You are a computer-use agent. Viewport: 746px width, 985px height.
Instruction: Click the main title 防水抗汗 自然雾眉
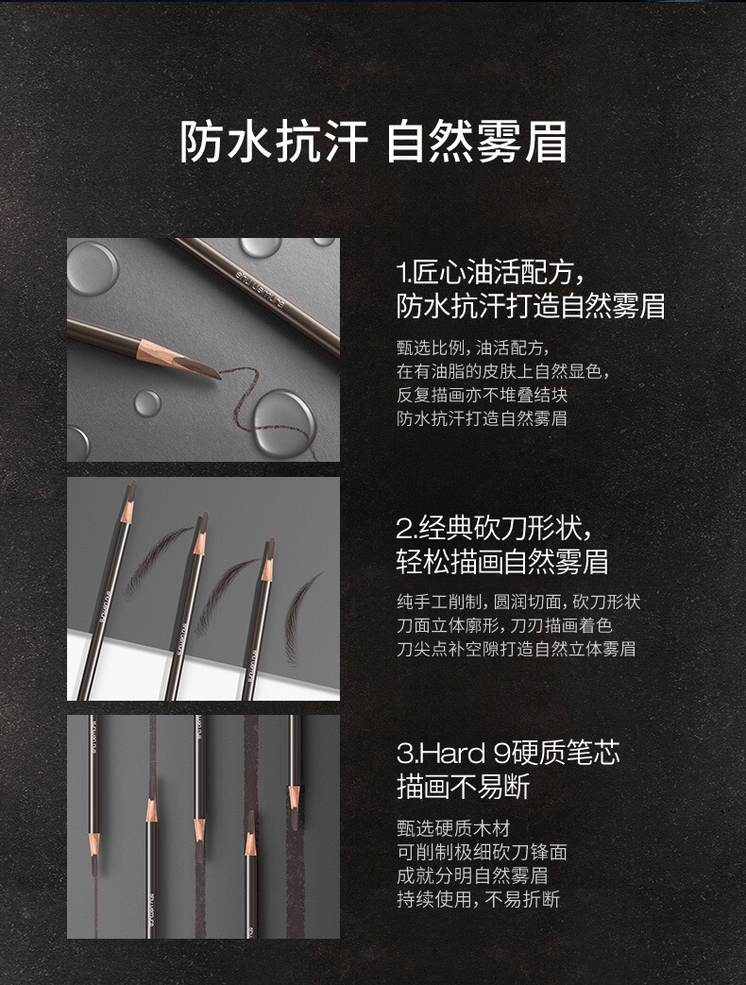coord(373,142)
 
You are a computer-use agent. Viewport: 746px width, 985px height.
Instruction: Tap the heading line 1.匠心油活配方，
coord(492,273)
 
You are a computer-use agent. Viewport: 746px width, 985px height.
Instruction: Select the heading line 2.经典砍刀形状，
coord(494,528)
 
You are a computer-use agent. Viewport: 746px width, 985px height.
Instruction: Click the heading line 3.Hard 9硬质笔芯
coord(508,753)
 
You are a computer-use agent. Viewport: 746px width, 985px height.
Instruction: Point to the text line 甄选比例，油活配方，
coord(473,348)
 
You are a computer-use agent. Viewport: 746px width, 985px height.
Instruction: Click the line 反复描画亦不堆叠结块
coord(482,395)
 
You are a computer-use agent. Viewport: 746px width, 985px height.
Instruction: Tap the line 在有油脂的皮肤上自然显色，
coord(503,371)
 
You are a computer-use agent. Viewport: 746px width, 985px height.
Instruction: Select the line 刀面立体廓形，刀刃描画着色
coord(504,625)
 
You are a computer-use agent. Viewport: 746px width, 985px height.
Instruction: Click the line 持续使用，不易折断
coord(478,900)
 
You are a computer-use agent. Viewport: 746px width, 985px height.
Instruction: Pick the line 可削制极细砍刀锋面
coord(482,853)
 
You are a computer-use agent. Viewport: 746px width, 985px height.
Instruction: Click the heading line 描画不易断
coord(464,787)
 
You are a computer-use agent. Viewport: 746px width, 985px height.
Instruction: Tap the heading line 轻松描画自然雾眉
coord(502,562)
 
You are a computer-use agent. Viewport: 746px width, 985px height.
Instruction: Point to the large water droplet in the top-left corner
coord(92,267)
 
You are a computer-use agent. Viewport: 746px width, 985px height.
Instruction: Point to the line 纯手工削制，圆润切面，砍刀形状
coord(518,602)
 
